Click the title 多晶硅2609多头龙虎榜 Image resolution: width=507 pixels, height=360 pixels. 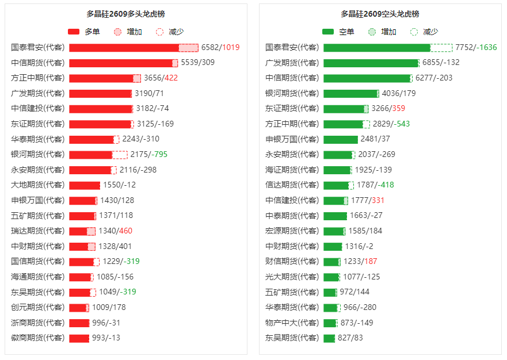(125, 14)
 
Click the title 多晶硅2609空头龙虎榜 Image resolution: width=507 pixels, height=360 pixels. (380, 14)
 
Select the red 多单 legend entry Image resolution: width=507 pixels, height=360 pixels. (84, 32)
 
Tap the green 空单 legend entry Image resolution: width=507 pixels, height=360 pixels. (338, 32)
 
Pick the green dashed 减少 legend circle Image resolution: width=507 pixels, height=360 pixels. (414, 32)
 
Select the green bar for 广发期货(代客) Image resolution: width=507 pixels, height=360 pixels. (371, 63)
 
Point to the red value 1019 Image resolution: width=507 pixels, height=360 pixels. (231, 47)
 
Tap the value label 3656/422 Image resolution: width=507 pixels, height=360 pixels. (161, 78)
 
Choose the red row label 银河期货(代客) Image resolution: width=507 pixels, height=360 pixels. (37, 155)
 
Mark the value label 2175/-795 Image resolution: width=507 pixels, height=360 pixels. (148, 155)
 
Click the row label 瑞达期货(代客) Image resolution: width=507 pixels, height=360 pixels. (37, 231)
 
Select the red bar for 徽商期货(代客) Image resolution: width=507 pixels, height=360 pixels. (79, 338)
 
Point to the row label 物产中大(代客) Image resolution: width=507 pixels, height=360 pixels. (292, 323)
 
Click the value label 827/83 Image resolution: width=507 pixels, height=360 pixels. (350, 338)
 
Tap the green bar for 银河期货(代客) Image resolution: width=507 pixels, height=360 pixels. (351, 94)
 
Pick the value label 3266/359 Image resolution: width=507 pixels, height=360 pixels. (388, 108)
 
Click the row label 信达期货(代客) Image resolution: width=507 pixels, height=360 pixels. (292, 185)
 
